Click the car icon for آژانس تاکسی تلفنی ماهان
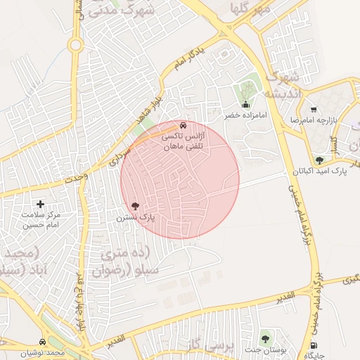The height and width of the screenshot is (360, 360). pos(184,125)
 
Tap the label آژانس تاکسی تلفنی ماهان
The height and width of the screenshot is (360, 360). pos(182,141)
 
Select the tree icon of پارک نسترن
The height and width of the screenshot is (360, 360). pos(135,207)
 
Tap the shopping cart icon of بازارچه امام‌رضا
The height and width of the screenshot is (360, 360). pos(313,109)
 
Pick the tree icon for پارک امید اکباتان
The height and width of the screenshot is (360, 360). pos(319,160)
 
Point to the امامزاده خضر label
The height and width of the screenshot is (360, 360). pos(243,115)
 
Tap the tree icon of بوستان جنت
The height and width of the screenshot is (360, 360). pos(265,339)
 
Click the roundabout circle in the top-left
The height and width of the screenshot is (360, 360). pos(75,46)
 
